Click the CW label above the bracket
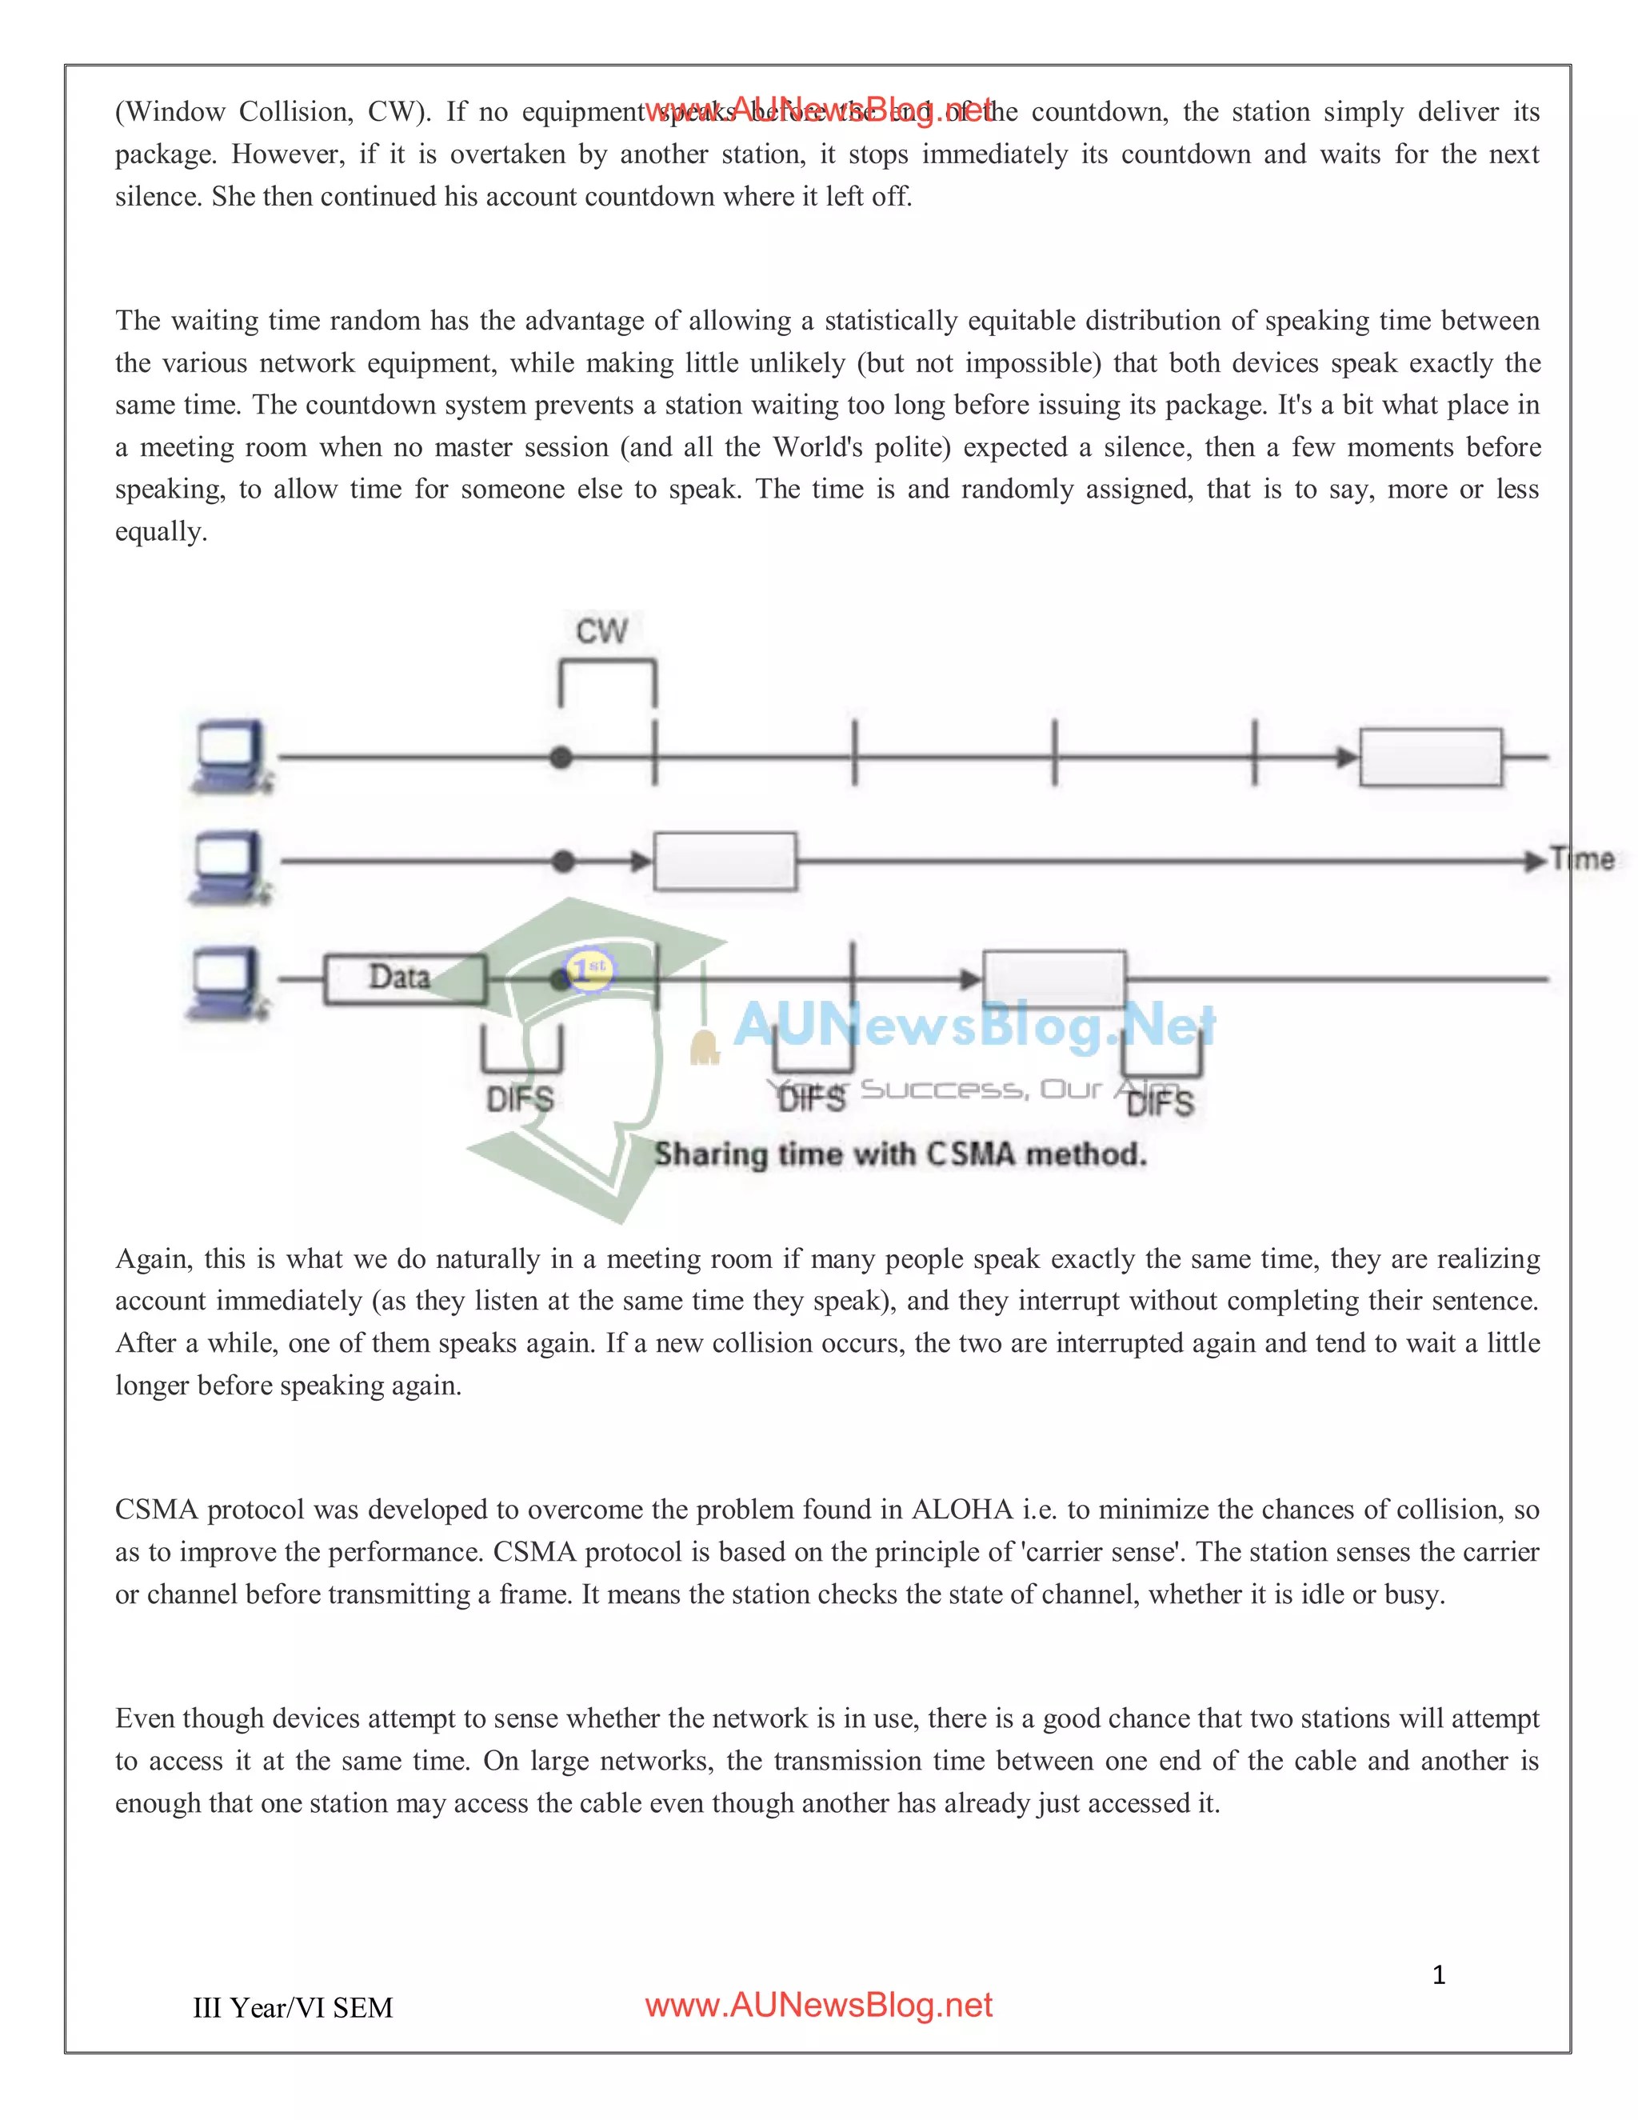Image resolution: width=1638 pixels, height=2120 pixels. pyautogui.click(x=601, y=631)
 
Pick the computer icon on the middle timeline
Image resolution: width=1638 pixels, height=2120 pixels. pyautogui.click(x=228, y=866)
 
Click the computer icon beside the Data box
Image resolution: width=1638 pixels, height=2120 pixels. pyautogui.click(x=227, y=982)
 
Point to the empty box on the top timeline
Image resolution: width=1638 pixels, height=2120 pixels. pyautogui.click(x=1430, y=757)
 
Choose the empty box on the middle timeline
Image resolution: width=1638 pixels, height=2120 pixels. pyautogui.click(x=725, y=861)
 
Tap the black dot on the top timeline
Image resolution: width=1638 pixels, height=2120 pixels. pyautogui.click(x=561, y=757)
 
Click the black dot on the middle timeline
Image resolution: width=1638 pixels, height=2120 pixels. pyautogui.click(x=563, y=861)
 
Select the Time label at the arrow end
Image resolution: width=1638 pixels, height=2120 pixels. pyautogui.click(x=1582, y=859)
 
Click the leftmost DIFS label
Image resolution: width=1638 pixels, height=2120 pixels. pyautogui.click(x=520, y=1099)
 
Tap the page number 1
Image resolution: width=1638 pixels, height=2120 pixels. pyautogui.click(x=1439, y=1975)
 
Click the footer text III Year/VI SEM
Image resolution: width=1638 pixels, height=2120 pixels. pyautogui.click(x=293, y=2008)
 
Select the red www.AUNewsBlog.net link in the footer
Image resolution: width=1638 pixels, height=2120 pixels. pyautogui.click(x=818, y=2006)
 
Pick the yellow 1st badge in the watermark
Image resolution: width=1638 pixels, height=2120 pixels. pyautogui.click(x=589, y=968)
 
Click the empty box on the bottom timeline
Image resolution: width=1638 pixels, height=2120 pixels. pyautogui.click(x=1054, y=978)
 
